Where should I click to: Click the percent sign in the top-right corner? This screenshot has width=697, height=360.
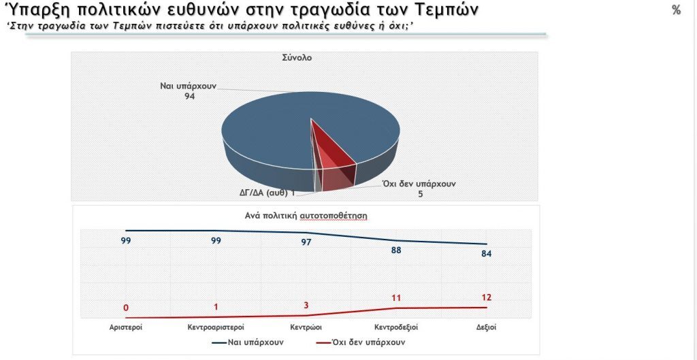pos(676,10)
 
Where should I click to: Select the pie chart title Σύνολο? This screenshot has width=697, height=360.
pos(297,58)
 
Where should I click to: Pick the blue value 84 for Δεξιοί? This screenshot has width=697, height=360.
pos(485,254)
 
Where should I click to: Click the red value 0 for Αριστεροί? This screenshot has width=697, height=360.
pos(126,308)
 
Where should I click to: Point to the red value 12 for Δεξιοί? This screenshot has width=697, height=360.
pos(485,297)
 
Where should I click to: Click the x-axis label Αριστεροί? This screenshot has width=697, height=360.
pos(125,327)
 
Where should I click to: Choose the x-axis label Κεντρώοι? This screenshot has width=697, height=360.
pos(306,327)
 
